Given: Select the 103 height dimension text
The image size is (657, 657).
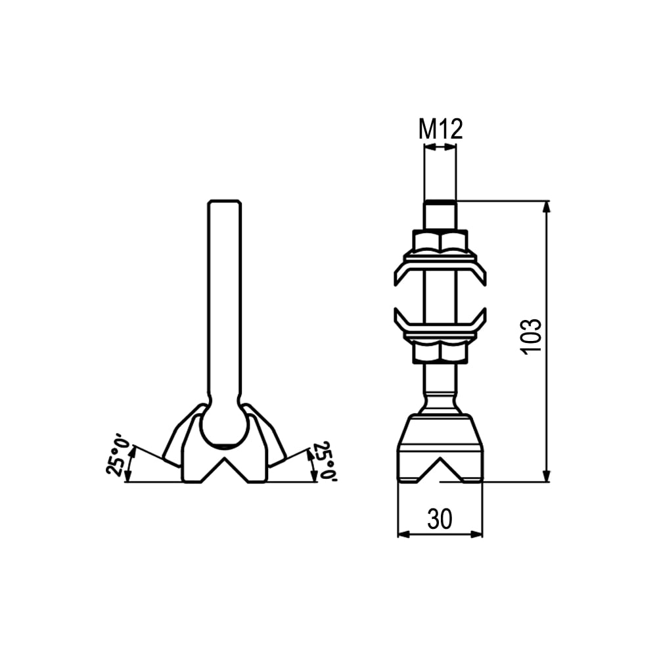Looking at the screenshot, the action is pyautogui.click(x=531, y=336).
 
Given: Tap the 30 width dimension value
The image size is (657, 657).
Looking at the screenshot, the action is pyautogui.click(x=440, y=519).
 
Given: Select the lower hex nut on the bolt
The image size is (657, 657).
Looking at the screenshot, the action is pyautogui.click(x=440, y=351).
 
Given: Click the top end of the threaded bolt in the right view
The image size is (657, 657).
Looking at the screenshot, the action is pyautogui.click(x=440, y=203).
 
